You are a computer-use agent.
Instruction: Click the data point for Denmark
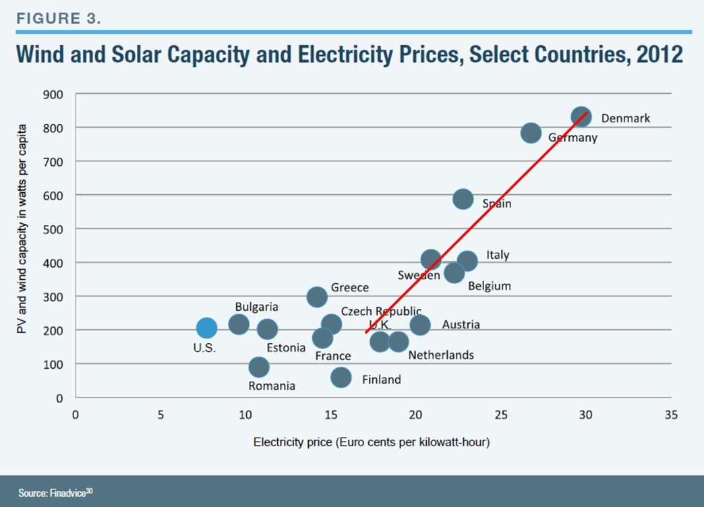click(x=581, y=117)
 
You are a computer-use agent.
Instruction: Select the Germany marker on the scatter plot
click(x=531, y=133)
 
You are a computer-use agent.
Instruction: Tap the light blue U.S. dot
click(x=206, y=328)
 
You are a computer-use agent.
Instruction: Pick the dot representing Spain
click(x=463, y=199)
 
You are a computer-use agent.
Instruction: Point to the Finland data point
click(x=341, y=378)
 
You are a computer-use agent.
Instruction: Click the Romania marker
click(x=259, y=367)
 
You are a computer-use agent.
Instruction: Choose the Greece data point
click(x=317, y=297)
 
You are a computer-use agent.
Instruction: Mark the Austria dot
click(x=420, y=325)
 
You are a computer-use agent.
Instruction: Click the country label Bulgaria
click(x=256, y=307)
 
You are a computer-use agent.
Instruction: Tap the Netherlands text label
click(x=441, y=355)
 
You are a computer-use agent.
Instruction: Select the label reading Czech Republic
click(x=381, y=311)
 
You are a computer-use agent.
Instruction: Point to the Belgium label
click(x=489, y=286)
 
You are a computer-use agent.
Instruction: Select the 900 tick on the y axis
click(x=54, y=94)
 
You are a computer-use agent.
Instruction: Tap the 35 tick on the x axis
click(x=670, y=415)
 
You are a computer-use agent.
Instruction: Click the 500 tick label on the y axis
click(x=54, y=229)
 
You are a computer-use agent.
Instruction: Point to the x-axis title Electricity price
click(x=372, y=443)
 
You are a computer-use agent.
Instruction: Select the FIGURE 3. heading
click(x=59, y=18)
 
